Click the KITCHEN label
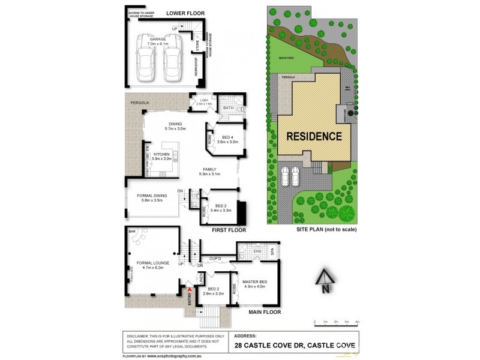click(162, 154)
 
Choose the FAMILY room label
click(209, 169)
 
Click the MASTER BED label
click(255, 281)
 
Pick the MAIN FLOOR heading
click(265, 312)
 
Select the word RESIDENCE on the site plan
click(314, 136)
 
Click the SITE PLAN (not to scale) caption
click(326, 230)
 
